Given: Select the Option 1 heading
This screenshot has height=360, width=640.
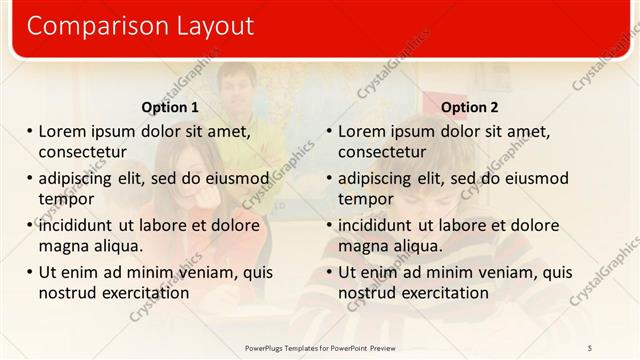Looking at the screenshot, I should [x=170, y=107].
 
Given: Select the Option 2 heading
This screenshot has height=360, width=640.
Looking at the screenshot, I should [x=469, y=107].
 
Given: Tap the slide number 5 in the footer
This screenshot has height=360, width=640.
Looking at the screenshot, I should [x=590, y=347].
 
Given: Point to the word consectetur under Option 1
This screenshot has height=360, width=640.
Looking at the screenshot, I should [x=82, y=152].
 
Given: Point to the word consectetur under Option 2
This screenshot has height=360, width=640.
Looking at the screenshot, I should [x=382, y=152].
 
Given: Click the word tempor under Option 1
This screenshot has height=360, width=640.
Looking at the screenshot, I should [x=66, y=198].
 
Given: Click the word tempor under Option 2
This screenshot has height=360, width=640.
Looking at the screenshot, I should [x=366, y=198].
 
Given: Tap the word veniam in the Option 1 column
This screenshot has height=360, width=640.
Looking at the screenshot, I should [x=204, y=272].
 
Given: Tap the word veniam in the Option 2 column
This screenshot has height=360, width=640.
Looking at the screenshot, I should [x=504, y=272].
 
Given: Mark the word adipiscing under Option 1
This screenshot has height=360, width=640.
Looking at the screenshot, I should [x=79, y=179].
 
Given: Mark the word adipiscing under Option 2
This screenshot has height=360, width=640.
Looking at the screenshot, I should [x=379, y=179].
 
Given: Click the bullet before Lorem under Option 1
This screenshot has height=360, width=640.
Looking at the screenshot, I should [x=30, y=131].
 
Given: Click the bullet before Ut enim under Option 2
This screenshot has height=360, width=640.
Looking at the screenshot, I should [x=330, y=272].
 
